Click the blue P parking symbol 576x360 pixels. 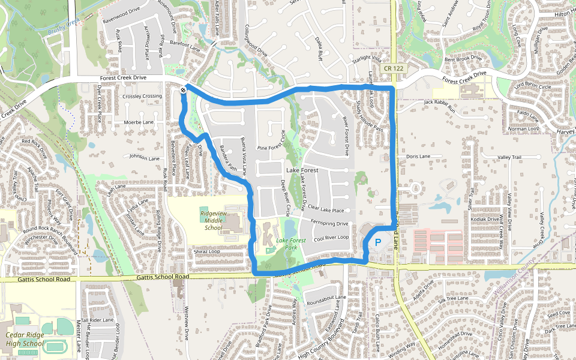coord(378,243)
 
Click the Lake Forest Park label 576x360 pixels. coord(291,244)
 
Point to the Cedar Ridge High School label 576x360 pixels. coord(24,340)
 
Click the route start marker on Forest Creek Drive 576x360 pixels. coord(183,90)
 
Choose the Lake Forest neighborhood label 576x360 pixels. coord(302,171)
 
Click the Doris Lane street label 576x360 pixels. coord(418,157)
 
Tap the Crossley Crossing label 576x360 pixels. coord(142,96)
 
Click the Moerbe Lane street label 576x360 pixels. coord(139,122)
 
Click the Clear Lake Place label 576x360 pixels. coord(325,211)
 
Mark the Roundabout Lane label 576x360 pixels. coord(326,298)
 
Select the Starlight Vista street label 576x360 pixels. coord(367,58)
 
